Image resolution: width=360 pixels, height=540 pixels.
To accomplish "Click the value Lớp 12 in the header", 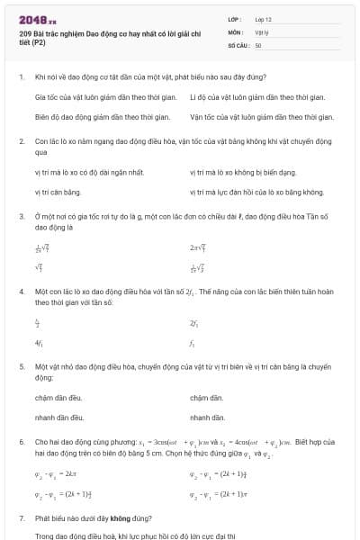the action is [x=264, y=19].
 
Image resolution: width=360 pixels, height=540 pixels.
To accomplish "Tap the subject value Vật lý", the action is [x=262, y=31].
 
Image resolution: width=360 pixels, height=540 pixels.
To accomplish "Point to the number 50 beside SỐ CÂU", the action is [x=258, y=44].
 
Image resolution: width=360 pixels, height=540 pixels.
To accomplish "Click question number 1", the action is [x=21, y=77].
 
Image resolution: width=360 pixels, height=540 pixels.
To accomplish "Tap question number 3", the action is [x=21, y=217].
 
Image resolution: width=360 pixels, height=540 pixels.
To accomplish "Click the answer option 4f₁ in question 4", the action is [x=39, y=343].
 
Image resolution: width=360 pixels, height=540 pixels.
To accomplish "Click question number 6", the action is [x=21, y=444].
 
